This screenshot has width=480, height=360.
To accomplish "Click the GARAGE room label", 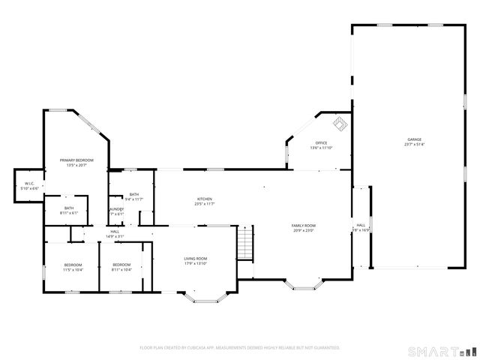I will tap(414, 139).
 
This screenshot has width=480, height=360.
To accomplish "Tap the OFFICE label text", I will tap(321, 142).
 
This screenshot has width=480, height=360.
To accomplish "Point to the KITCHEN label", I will tap(205, 199).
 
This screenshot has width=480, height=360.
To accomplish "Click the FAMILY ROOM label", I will tap(304, 225).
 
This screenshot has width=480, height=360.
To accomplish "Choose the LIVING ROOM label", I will tap(195, 259).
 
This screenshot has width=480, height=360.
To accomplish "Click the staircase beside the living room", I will tap(245, 244).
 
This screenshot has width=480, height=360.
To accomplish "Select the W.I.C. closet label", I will tap(30, 183).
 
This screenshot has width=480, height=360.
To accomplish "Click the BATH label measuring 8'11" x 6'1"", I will tap(69, 208).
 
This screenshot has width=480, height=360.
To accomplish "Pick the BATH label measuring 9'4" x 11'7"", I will tap(134, 194).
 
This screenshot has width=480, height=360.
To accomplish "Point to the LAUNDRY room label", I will tap(116, 209).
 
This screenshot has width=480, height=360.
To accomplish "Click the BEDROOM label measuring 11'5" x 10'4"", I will tap(73, 265).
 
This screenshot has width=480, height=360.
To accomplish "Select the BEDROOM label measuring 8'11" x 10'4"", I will tap(121, 265).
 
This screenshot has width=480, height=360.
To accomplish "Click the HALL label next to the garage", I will tap(361, 225).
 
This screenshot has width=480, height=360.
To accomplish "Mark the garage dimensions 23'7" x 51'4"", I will tap(414, 145).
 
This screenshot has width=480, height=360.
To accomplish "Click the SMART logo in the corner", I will tap(442, 350).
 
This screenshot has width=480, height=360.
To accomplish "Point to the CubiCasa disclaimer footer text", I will tap(240, 348).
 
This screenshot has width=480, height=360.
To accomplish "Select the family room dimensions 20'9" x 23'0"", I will tap(304, 230).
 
